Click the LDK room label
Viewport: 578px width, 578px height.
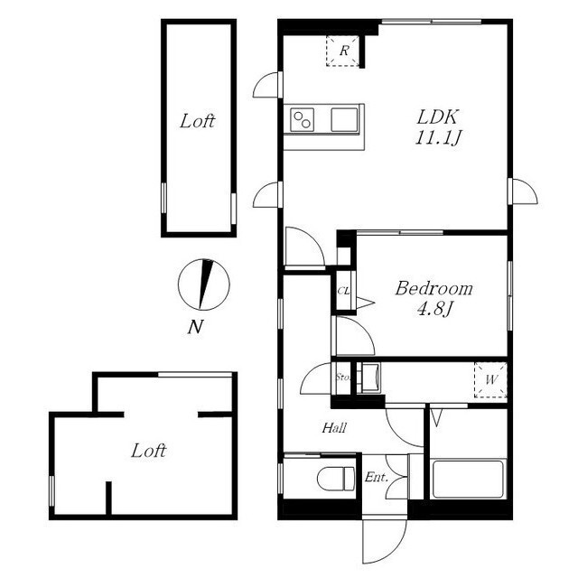point(437,117)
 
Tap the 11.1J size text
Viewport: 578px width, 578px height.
point(438,137)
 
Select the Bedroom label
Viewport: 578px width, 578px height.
point(433,288)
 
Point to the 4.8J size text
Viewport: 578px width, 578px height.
point(434,309)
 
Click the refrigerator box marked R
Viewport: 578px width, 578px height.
point(343,51)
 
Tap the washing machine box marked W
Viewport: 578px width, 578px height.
point(490,379)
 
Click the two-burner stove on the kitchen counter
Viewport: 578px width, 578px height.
point(303,120)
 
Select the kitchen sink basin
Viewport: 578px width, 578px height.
point(344,120)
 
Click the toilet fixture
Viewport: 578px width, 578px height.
point(336,479)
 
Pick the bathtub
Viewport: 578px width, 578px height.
point(468,479)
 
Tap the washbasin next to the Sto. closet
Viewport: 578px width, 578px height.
point(370,378)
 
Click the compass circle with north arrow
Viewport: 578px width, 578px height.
point(203,284)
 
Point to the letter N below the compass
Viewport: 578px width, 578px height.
point(195,327)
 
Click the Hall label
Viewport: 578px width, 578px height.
point(334,428)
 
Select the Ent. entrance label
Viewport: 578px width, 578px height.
point(377,478)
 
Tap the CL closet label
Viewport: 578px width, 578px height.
point(343,291)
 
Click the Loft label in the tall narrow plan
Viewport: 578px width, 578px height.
point(197,121)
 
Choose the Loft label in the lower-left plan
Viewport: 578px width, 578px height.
point(148,451)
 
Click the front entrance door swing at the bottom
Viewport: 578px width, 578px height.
point(384,541)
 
